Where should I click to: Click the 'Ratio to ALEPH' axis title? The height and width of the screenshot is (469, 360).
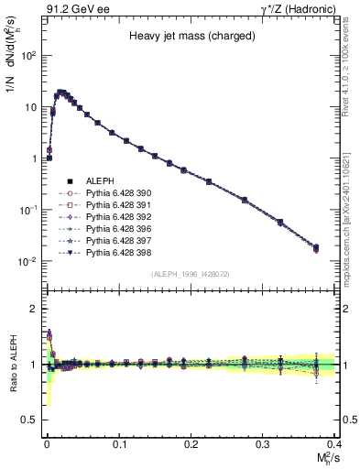tap(12, 363)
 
